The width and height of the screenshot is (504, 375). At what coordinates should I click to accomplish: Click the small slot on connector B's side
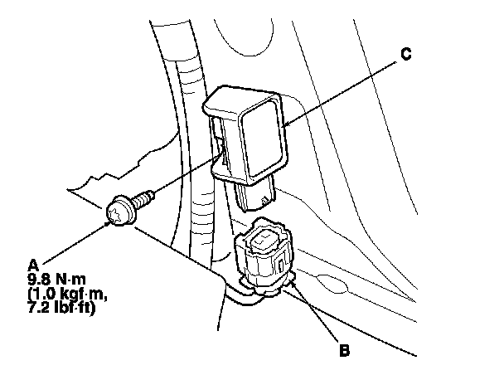click(283, 267)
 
